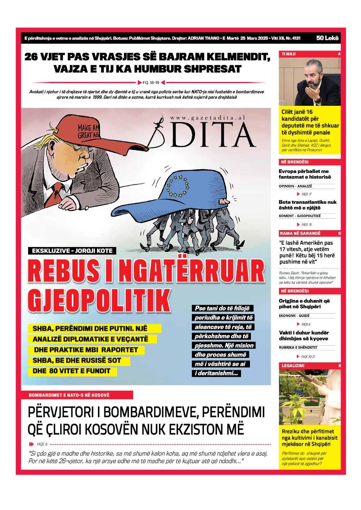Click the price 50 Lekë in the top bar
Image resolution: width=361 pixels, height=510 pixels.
(327, 38)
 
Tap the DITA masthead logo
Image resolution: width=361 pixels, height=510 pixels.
(212, 135)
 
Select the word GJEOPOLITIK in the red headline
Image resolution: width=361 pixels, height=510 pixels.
(99, 300)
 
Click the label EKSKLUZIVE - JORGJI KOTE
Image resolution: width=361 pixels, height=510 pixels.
(72, 251)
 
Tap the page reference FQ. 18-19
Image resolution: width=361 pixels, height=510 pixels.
(151, 83)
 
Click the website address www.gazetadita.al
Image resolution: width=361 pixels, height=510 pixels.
(208, 118)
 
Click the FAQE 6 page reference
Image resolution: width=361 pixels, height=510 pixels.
(42, 444)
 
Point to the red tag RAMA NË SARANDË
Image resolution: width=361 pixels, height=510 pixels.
(300, 233)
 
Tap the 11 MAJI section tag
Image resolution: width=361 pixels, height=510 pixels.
(289, 54)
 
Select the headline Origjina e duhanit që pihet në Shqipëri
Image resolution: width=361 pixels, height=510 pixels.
(304, 304)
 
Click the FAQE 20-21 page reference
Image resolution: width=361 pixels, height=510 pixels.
(308, 357)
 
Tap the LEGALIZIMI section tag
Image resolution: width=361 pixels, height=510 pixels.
(293, 366)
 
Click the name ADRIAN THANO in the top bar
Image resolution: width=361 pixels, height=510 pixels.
(203, 38)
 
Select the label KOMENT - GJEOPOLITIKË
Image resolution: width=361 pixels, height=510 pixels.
(299, 216)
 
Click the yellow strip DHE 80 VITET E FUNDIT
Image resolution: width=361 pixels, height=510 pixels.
(71, 371)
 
